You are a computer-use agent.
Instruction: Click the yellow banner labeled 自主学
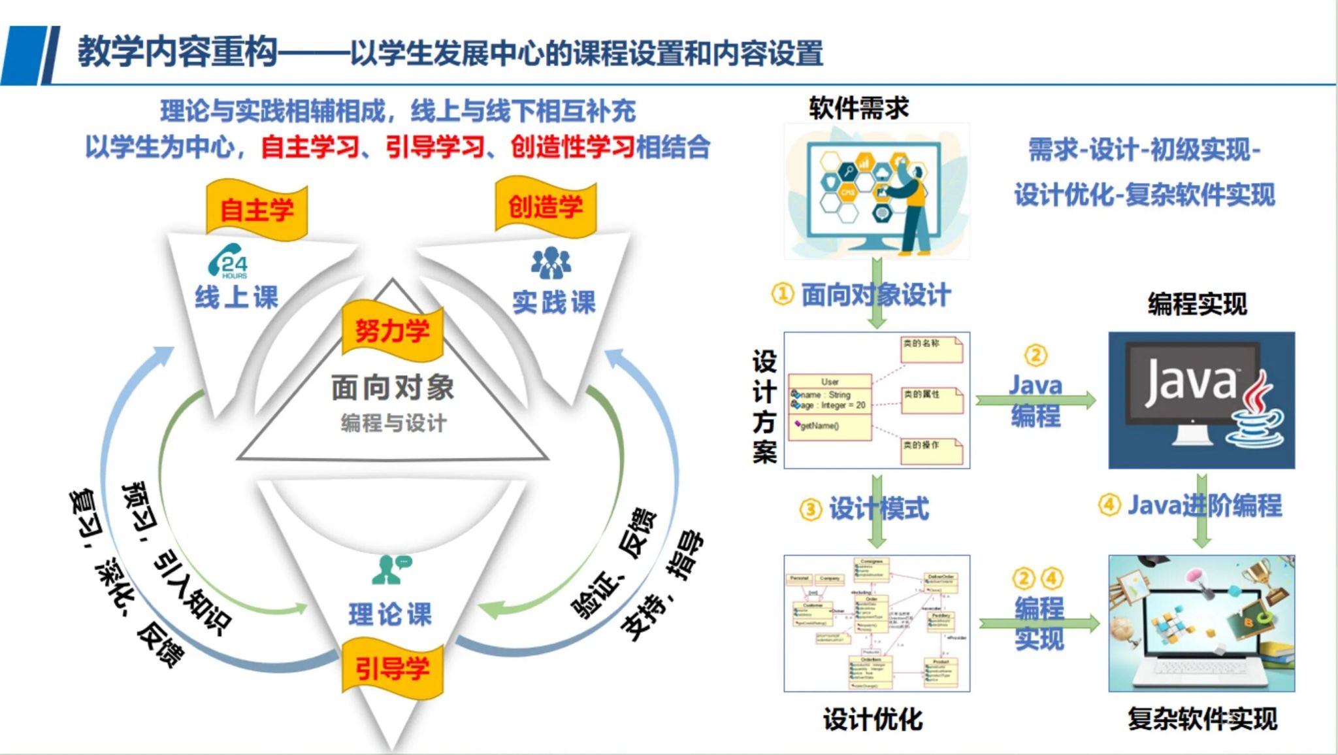point(257,210)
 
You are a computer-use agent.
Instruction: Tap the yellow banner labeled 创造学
point(546,207)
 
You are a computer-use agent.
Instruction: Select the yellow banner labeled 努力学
point(392,331)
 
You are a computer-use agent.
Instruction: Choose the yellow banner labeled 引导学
point(392,668)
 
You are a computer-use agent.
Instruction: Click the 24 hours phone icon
point(228,261)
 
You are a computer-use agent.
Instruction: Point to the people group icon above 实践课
point(551,262)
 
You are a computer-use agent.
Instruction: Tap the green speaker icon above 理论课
point(390,569)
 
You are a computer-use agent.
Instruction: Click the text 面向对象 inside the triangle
point(392,388)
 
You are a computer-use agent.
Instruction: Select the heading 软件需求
point(858,108)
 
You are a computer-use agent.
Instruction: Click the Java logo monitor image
point(1201,400)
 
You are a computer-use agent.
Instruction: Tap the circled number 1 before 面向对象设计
point(782,294)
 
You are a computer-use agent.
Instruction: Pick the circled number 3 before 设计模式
point(810,509)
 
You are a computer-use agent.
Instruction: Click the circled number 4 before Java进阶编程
point(1109,505)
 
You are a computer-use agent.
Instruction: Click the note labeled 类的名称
point(931,349)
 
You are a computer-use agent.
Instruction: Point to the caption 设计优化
point(873,720)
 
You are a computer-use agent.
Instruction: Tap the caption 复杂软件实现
point(1202,718)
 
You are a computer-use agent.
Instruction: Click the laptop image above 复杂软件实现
point(1201,623)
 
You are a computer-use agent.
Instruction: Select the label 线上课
point(237,297)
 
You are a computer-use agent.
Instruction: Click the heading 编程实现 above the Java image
point(1197,304)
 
